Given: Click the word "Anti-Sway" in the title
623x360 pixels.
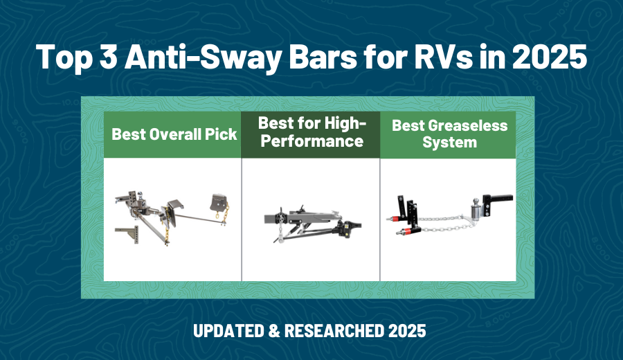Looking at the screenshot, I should coord(201,56).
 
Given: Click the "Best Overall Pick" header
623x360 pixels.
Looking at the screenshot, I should coord(174,134).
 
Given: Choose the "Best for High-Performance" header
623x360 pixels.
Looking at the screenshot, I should coord(310,132).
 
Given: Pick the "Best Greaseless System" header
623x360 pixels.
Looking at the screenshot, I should coord(449,134).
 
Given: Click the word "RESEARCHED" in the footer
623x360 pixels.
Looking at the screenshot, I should coord(338,332).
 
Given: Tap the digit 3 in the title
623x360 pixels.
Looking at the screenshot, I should coord(112,56).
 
